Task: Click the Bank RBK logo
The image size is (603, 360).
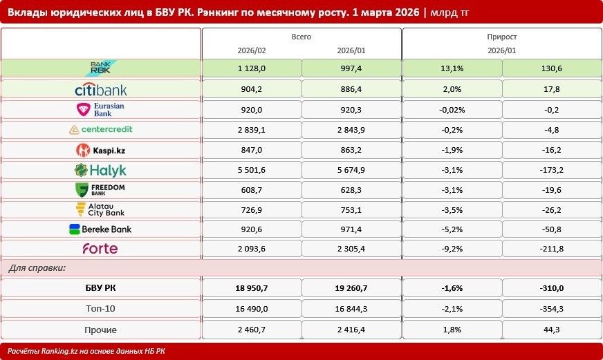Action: tap(102, 68)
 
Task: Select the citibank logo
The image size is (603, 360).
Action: tap(101, 90)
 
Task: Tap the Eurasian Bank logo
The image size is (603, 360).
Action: tap(100, 109)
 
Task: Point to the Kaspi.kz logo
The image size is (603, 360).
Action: tap(101, 150)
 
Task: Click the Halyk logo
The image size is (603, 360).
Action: tap(100, 170)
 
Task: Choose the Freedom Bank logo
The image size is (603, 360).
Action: tap(100, 190)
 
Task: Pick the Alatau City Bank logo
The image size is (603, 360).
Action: tap(100, 210)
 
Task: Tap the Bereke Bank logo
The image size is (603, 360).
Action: tap(100, 229)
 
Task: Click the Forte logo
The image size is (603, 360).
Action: tap(100, 249)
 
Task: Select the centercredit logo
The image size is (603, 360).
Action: tap(101, 129)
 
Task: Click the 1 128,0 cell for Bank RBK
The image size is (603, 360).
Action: tap(252, 68)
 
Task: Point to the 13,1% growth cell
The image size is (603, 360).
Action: tap(452, 68)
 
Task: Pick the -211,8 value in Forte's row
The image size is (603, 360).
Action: tap(551, 249)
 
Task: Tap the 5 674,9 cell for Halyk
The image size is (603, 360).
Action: tap(351, 170)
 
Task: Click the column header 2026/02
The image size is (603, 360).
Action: tap(252, 50)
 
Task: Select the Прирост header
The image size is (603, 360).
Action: tap(502, 37)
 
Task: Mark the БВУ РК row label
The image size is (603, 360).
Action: tap(100, 288)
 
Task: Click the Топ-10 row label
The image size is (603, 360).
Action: tap(100, 309)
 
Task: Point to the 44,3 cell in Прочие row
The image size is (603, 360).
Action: tap(551, 330)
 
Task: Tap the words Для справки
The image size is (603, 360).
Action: tap(37, 268)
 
